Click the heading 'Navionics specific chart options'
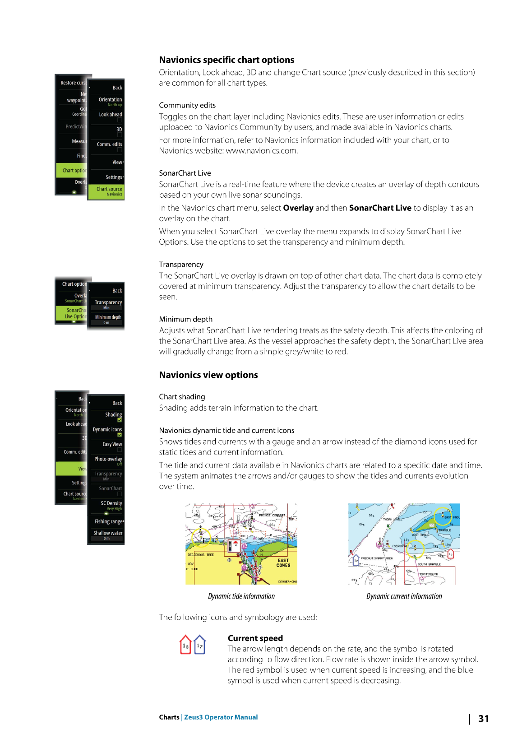coord(226,60)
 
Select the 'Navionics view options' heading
coord(208,375)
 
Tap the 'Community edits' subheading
coord(187,105)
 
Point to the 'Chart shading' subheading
coord(182,397)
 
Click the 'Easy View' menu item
coord(112,444)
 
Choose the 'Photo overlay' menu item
coord(108,460)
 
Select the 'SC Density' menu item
coord(111,504)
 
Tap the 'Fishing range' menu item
coord(108,521)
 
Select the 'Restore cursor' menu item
coord(73,83)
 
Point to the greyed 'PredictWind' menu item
coord(75,127)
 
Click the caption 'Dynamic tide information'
coord(241,596)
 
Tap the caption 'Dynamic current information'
coord(404,596)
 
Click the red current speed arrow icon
coord(185,645)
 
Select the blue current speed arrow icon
coord(200,645)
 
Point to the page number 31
coord(483,719)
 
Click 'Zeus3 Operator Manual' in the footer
coord(221,717)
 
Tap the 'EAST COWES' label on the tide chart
coord(283,563)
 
